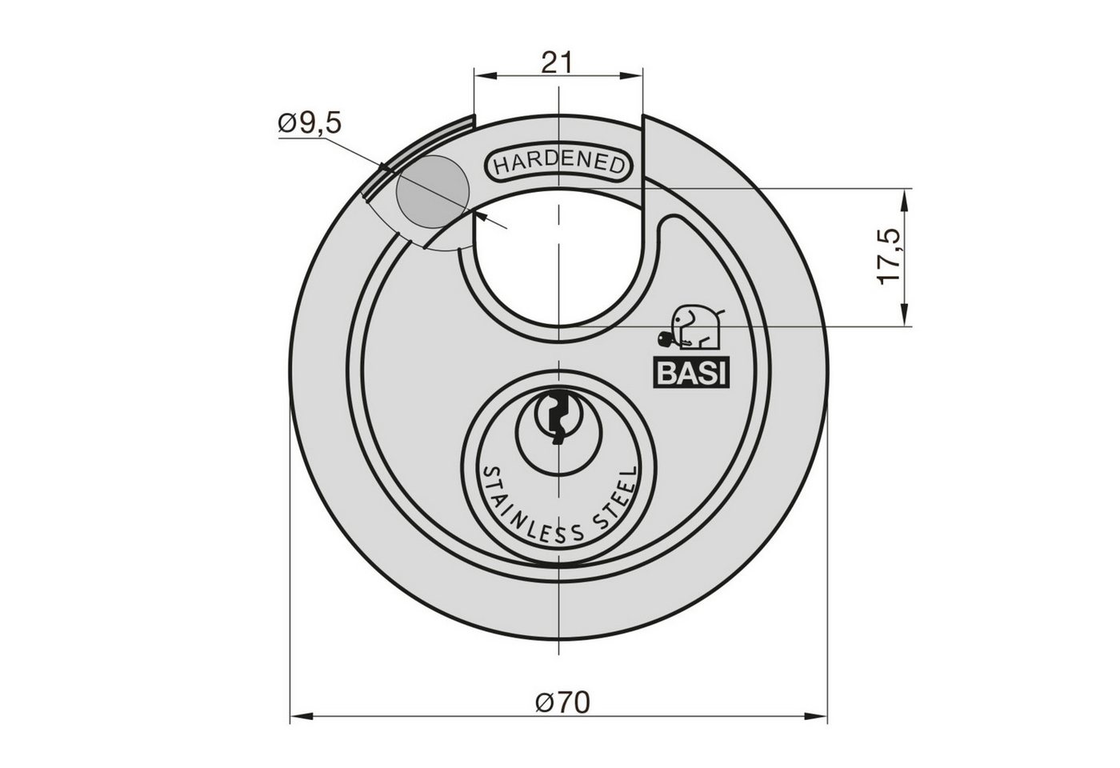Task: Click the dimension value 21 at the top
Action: pos(557,62)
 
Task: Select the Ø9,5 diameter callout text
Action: pos(310,123)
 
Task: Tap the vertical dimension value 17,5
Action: pos(889,257)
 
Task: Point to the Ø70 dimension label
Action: pos(562,703)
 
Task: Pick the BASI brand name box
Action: pos(690,373)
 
